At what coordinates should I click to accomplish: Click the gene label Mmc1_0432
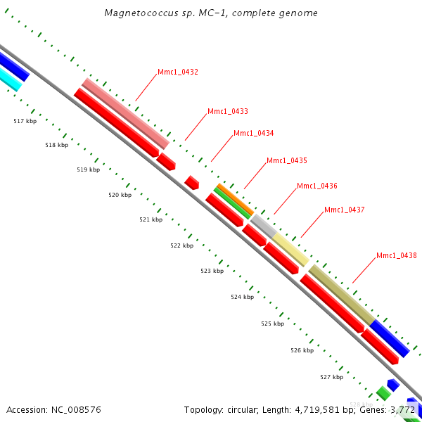coord(177,72)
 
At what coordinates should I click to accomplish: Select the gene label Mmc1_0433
coord(227,112)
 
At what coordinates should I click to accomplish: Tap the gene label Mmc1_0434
coord(253,133)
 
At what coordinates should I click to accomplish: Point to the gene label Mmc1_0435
coord(286,161)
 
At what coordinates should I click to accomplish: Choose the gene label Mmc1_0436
coord(316,186)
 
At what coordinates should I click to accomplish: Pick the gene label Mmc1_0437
coord(344,210)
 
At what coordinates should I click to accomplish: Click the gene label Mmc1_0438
coord(396,256)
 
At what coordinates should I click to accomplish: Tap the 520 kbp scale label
coord(120,195)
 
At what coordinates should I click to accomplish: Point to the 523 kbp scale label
coord(212,271)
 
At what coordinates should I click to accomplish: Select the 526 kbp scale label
coord(302,350)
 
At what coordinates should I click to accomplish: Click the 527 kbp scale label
coord(331,378)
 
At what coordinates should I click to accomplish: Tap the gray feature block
coord(262,225)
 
